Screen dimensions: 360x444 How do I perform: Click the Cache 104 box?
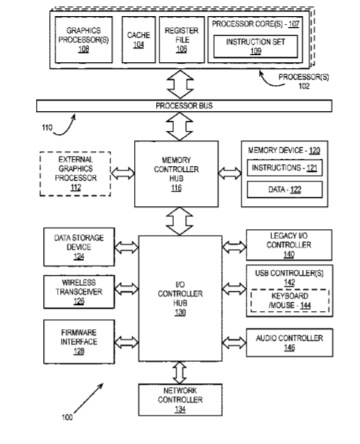point(139,39)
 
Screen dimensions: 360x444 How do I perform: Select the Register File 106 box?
point(181,39)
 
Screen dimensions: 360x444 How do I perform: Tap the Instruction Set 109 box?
point(255,46)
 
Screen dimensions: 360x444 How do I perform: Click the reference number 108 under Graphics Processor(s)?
point(83,49)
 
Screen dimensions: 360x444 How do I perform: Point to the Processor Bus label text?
point(184,105)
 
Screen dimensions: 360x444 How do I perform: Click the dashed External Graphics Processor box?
point(75,173)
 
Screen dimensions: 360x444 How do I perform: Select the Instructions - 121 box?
point(285,168)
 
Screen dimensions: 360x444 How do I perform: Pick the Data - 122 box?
point(285,189)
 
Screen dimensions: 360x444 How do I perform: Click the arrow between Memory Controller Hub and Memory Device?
point(230,173)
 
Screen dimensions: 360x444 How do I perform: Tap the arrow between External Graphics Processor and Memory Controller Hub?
point(123,173)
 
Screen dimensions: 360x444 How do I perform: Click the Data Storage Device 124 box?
point(79,247)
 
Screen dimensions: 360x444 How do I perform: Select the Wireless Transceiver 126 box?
point(79,292)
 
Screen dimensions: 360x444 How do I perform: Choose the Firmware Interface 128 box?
point(79,342)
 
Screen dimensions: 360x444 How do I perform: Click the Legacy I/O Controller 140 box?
point(289,245)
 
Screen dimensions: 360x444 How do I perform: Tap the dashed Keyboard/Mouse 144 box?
point(290,301)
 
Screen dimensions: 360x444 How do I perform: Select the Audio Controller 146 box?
point(290,342)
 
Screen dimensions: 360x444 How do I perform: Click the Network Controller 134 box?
point(181,400)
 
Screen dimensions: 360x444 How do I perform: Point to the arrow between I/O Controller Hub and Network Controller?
point(180,372)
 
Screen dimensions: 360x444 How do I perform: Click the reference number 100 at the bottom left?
point(67,417)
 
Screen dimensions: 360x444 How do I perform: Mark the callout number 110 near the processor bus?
point(48,128)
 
